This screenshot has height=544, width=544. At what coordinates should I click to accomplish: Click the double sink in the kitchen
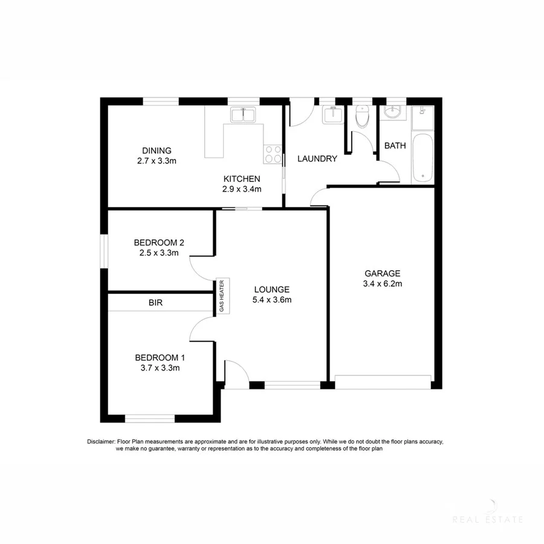244,114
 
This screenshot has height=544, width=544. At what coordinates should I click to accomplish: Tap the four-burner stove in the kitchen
273,155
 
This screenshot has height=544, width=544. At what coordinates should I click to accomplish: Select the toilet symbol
362,116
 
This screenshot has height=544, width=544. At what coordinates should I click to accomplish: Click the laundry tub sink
332,114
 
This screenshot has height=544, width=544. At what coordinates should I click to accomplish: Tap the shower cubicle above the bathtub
423,118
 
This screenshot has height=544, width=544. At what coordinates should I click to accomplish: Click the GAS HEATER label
221,297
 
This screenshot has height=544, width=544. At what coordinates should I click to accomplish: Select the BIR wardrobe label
155,302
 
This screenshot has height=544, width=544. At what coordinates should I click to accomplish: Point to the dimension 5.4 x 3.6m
272,299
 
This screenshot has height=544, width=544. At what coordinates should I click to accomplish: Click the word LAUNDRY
317,159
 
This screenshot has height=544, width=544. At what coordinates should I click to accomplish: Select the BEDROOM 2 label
159,242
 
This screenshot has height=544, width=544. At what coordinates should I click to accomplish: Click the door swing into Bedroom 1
201,329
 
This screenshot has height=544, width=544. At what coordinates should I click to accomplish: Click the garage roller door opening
383,381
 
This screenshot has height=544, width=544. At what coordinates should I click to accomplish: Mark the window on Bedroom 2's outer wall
103,250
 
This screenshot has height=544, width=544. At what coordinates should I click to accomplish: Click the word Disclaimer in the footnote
100,442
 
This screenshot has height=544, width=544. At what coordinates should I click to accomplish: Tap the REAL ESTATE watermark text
488,519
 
